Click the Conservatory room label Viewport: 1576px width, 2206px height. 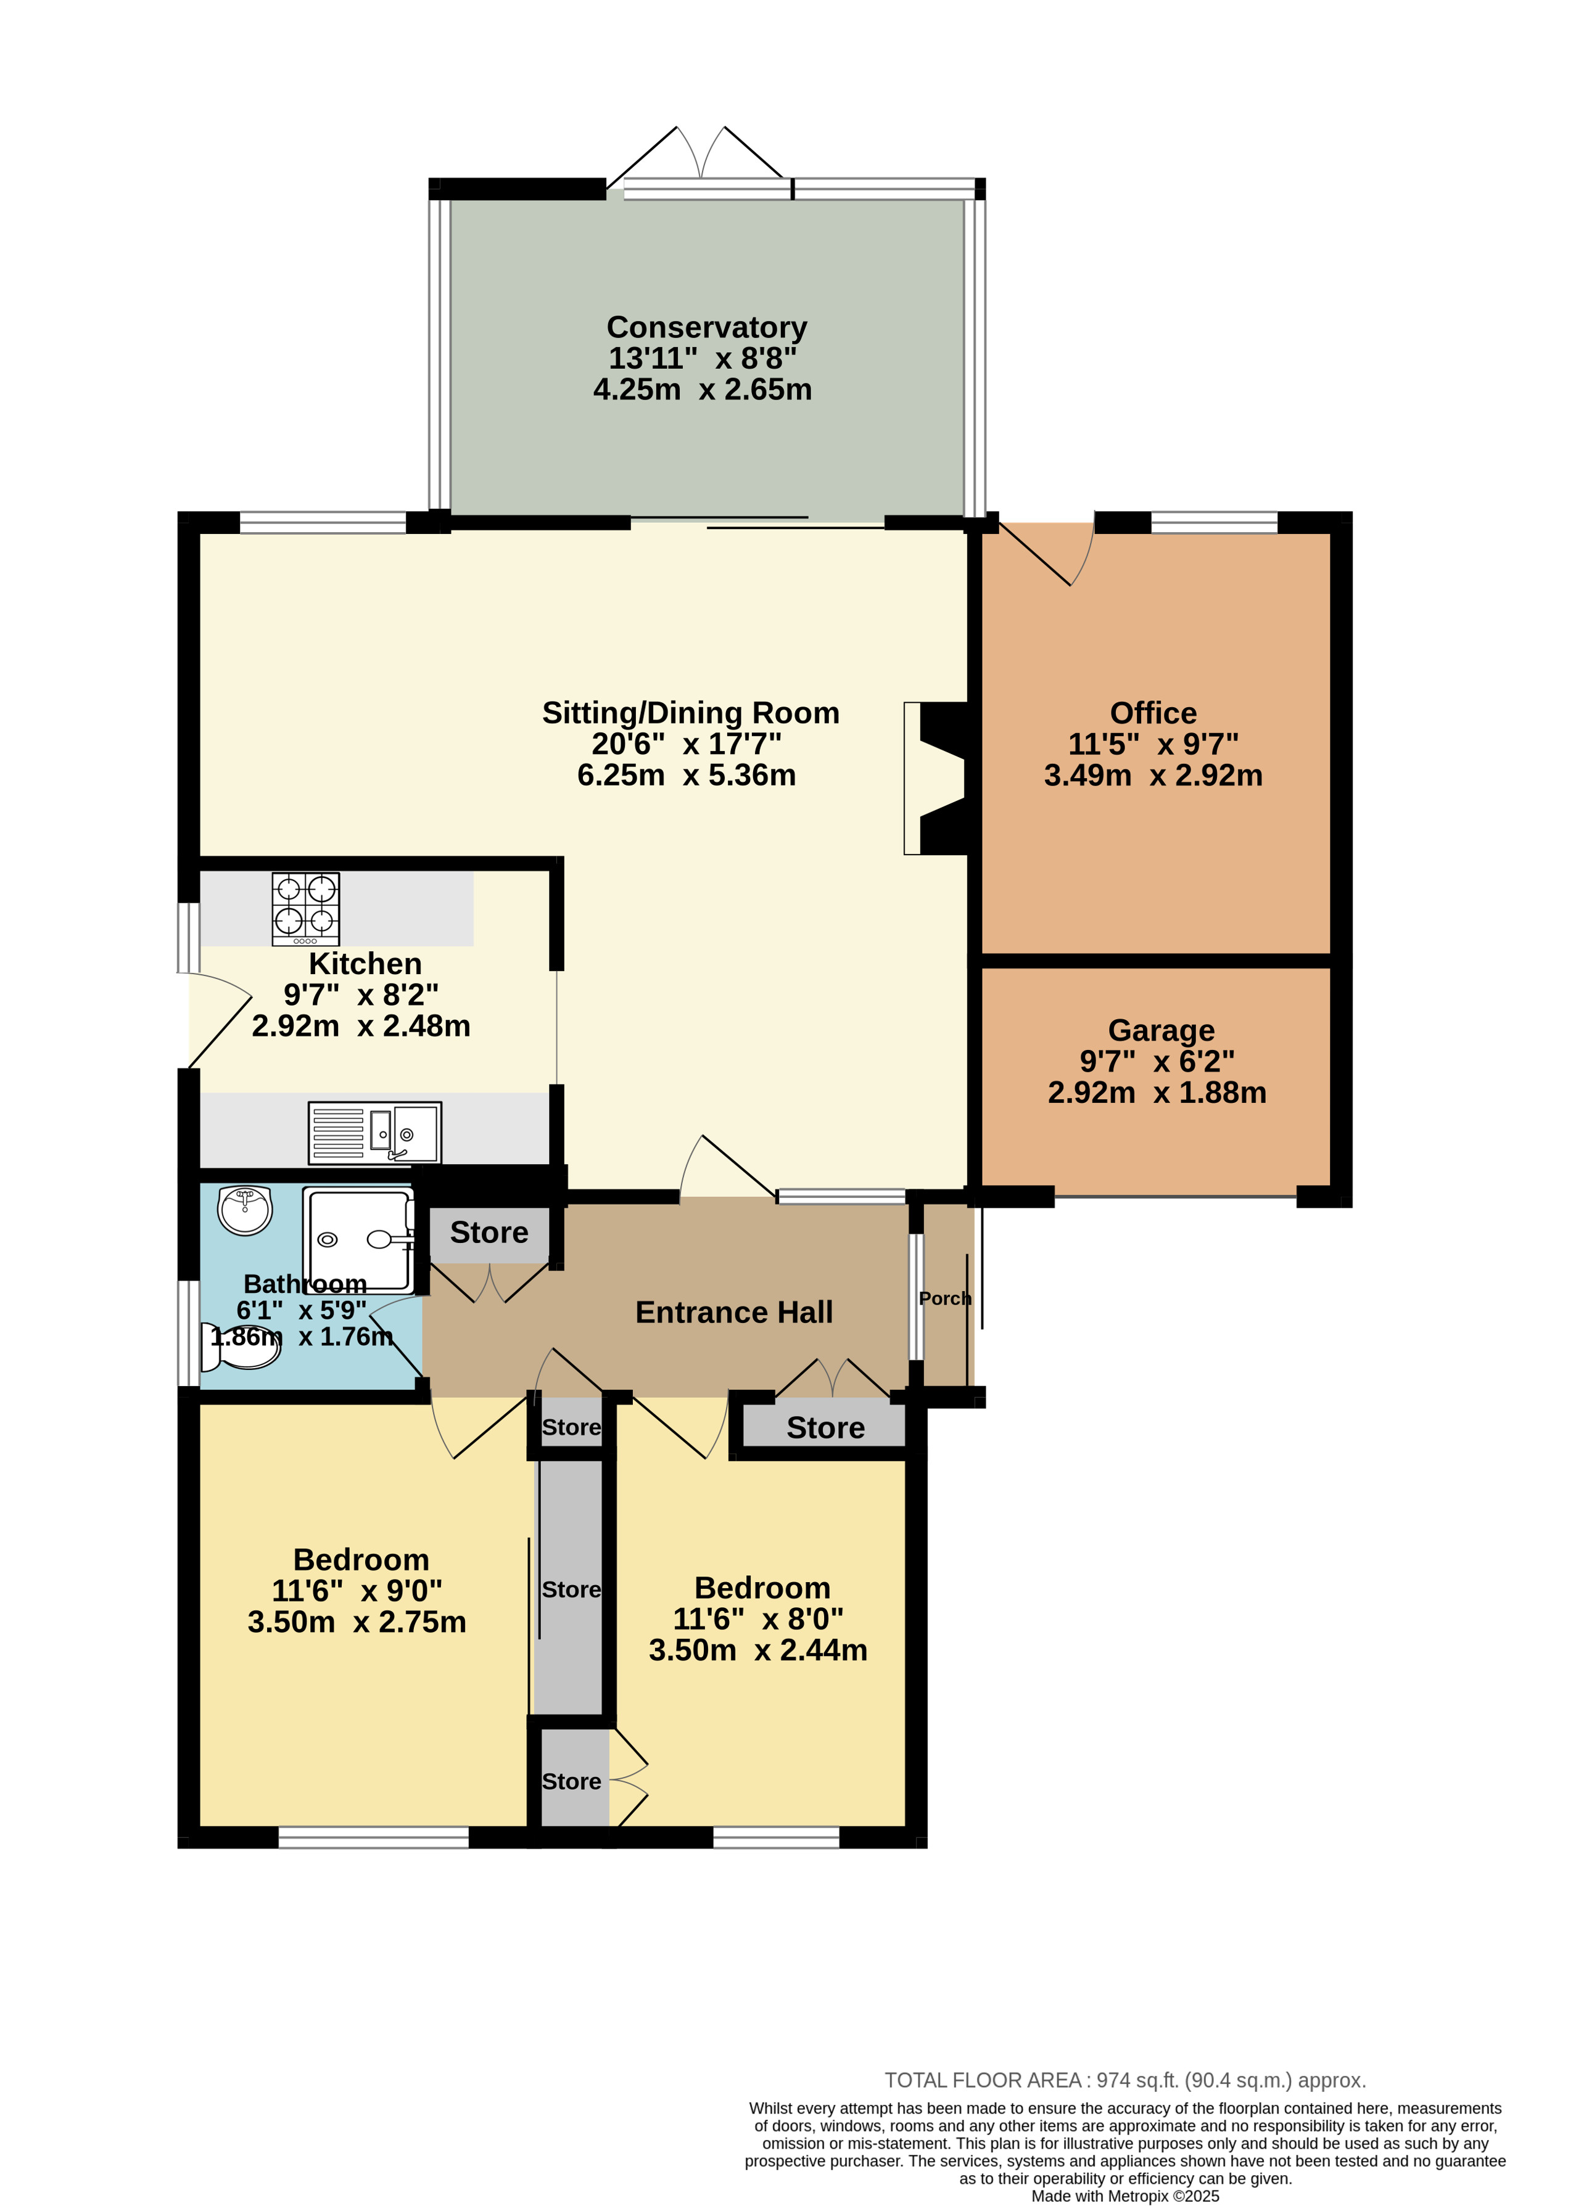tap(706, 328)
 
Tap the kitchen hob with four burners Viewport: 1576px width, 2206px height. tap(306, 909)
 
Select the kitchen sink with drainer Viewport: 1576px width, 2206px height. tap(374, 1132)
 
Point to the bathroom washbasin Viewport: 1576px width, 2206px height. tap(244, 1210)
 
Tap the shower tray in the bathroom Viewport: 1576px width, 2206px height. tap(358, 1240)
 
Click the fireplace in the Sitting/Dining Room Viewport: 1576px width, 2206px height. tap(936, 778)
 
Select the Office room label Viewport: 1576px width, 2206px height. tap(1153, 713)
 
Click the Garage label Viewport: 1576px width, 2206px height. tap(1161, 1030)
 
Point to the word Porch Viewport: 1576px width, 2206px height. tap(944, 1298)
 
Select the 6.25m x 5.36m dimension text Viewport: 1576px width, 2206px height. tap(686, 775)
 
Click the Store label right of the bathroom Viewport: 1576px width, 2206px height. tap(489, 1232)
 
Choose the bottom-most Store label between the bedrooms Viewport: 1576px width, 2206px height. tap(572, 1781)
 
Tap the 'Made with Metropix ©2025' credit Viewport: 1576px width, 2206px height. tap(1124, 2196)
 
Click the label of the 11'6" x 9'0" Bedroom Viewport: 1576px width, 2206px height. tap(361, 1560)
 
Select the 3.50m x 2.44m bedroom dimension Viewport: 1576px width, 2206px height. tap(758, 1650)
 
